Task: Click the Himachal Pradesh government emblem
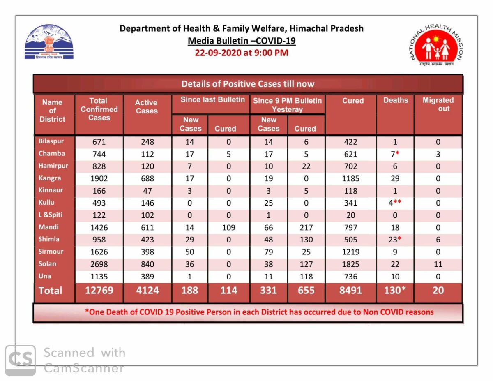tap(49, 42)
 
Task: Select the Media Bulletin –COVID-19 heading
tap(242, 41)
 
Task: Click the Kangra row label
tap(50, 178)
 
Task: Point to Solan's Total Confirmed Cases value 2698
tap(99, 264)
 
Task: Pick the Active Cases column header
tap(146, 106)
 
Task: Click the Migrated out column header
tap(438, 104)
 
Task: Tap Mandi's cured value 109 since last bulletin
tap(228, 227)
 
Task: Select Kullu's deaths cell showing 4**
tap(395, 203)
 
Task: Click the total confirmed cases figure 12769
tap(99, 291)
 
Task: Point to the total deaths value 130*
tap(395, 290)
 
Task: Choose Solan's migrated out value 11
tap(438, 264)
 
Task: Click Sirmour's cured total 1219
tap(350, 252)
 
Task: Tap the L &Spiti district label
tap(50, 215)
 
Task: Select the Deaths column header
tap(396, 100)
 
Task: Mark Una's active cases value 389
tap(147, 276)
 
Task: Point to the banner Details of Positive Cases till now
tap(248, 84)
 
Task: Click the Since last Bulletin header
tap(212, 99)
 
